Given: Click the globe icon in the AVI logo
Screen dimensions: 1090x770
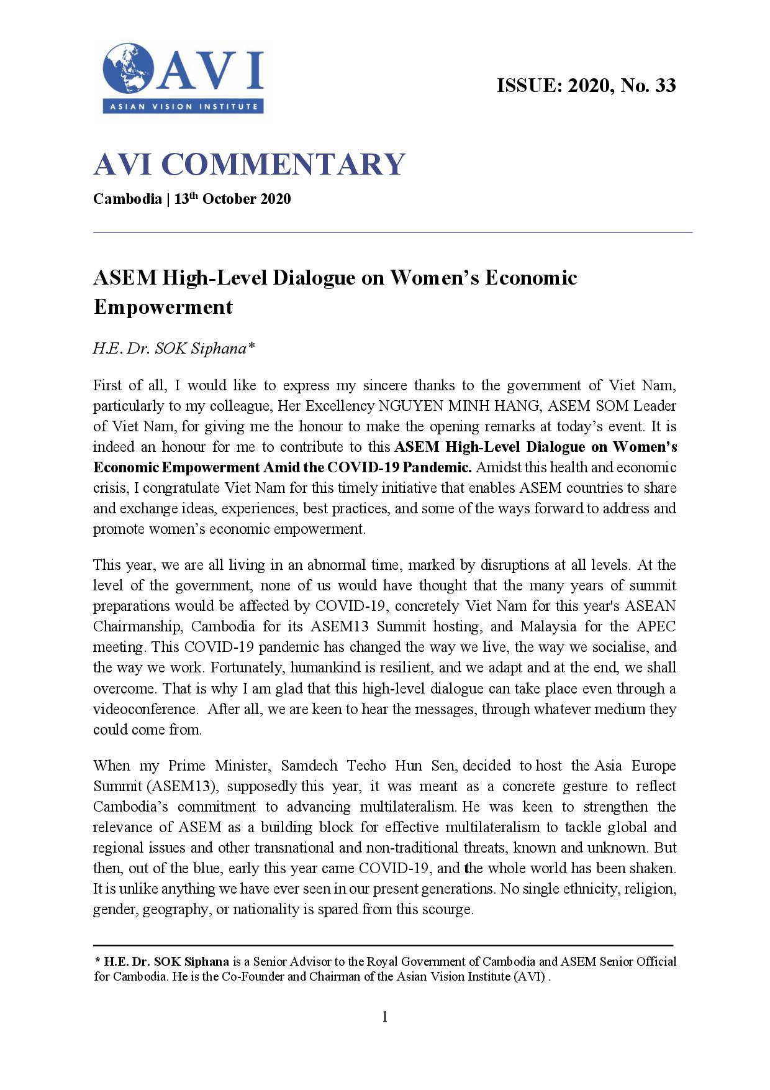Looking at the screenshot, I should click(x=129, y=68).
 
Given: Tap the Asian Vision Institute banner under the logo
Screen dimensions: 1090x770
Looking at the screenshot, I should click(x=183, y=106).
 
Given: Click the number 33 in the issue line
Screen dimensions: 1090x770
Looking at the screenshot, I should click(x=664, y=85).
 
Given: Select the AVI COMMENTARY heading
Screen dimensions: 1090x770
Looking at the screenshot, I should click(x=249, y=164).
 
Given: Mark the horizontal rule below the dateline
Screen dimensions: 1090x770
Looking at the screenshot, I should click(x=392, y=232).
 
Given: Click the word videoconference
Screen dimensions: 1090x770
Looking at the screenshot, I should click(x=145, y=709).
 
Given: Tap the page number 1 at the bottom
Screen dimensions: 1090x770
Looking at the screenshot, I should click(x=384, y=1017).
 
